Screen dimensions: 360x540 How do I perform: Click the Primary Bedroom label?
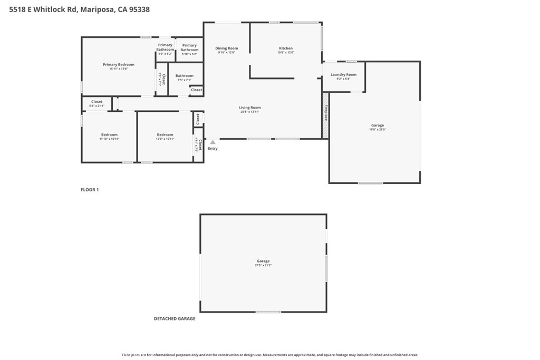(118, 65)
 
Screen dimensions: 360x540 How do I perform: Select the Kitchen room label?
(286, 48)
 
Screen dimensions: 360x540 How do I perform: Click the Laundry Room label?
(343, 75)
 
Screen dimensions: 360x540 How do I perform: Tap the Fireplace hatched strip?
(325, 115)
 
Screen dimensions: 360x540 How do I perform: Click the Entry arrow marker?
(213, 142)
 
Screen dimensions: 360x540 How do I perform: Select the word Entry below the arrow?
(213, 149)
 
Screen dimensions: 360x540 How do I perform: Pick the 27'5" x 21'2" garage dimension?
(263, 265)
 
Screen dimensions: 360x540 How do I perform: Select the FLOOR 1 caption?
(90, 190)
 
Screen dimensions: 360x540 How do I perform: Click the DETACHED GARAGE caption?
(175, 319)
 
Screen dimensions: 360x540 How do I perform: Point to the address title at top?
(76, 9)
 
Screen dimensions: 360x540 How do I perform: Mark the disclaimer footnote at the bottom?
(270, 355)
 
